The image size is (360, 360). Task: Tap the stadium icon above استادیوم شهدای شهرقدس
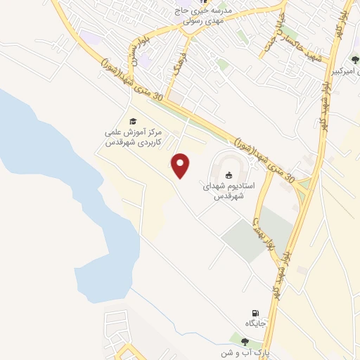tap(229, 174)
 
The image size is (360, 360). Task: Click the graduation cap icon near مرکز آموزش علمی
tap(131, 120)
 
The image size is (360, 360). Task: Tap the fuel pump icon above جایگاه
tap(255, 313)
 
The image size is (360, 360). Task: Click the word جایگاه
tap(255, 324)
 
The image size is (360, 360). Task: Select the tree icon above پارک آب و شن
tap(244, 342)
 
